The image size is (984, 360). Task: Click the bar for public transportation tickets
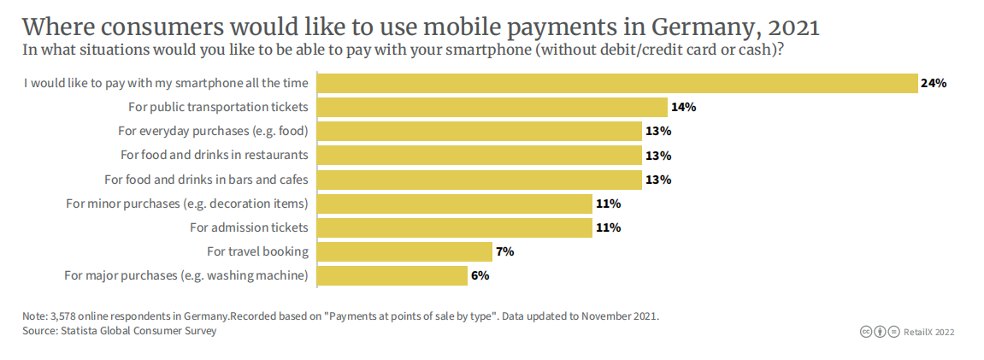click(x=492, y=107)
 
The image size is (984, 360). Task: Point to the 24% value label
click(x=934, y=83)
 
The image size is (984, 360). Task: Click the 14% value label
click(x=684, y=107)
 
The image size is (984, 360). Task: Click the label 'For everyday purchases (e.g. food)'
click(x=212, y=132)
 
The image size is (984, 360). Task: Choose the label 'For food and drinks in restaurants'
click(x=214, y=156)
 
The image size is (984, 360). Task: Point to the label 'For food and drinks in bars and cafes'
click(x=206, y=180)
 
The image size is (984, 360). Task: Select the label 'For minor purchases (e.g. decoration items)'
click(x=186, y=204)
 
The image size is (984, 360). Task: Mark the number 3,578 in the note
click(x=64, y=316)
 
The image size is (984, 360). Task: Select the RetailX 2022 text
click(x=928, y=332)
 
